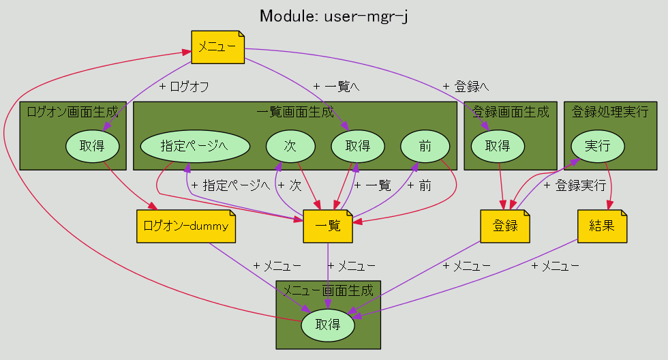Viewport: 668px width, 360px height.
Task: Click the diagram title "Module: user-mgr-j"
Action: (333, 16)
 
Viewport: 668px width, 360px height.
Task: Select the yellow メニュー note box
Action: (217, 47)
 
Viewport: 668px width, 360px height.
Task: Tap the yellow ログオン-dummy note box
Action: (185, 226)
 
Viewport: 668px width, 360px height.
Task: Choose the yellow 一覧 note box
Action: (328, 226)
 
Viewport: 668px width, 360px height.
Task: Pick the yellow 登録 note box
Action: (505, 226)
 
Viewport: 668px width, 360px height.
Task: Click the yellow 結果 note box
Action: (602, 226)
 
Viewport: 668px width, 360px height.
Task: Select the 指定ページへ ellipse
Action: (195, 146)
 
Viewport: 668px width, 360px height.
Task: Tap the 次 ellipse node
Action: (290, 146)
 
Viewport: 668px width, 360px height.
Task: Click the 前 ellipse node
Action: (425, 146)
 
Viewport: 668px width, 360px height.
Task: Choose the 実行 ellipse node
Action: (598, 146)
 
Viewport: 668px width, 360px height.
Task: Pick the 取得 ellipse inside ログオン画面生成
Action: (93, 146)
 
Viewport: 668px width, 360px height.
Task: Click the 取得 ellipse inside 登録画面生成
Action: (498, 146)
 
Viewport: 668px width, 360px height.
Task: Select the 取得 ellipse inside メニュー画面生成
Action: (328, 325)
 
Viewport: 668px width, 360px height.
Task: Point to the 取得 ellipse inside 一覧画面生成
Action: (358, 146)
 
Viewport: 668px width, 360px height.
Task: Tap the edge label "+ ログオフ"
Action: (184, 87)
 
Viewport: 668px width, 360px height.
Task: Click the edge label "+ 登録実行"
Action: (575, 185)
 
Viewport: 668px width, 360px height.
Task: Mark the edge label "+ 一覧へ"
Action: (336, 87)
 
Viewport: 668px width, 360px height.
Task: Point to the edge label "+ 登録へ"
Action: (466, 87)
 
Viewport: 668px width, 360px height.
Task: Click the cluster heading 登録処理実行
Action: (610, 112)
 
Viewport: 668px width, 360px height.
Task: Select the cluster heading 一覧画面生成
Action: (295, 112)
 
